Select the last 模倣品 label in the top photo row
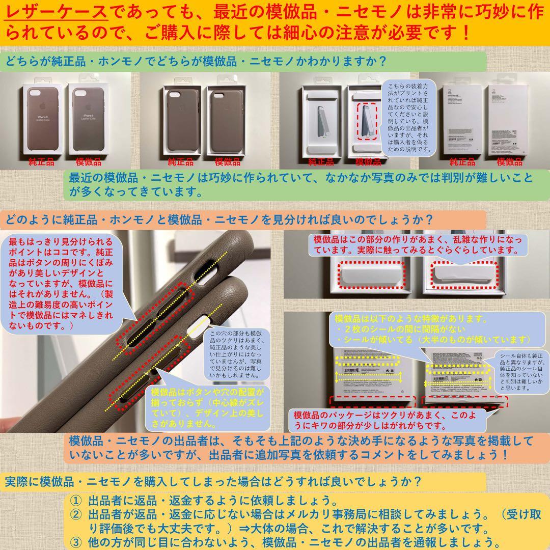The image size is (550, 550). (510, 162)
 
